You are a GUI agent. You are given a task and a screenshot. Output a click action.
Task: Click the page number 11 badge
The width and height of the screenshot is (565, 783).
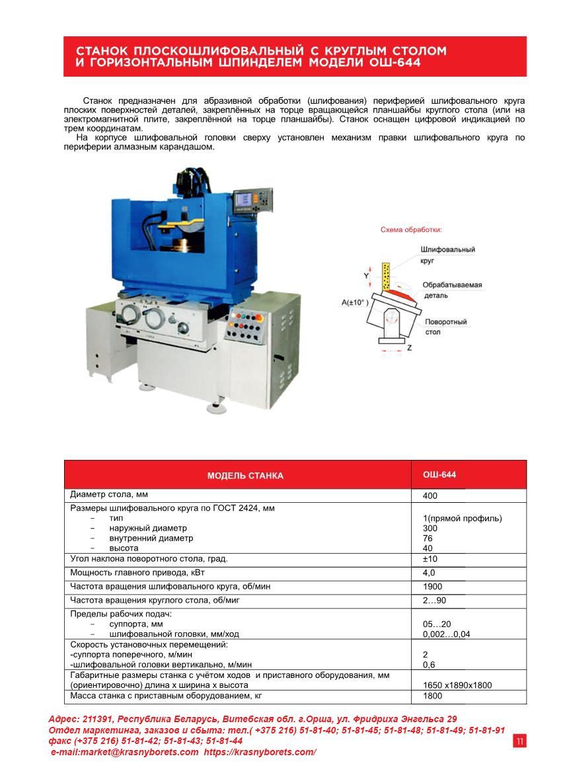pos(519,741)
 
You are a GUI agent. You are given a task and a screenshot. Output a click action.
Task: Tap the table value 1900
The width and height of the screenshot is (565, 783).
pos(433,587)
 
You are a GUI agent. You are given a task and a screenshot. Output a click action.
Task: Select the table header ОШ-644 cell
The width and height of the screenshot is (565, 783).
pos(439,475)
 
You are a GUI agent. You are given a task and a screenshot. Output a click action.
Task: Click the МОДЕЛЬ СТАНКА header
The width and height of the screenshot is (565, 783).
pos(245,476)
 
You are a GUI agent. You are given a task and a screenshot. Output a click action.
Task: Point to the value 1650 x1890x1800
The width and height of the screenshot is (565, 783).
pos(457,685)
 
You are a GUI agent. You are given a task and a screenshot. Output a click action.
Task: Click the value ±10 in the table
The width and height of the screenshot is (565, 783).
pos(432,559)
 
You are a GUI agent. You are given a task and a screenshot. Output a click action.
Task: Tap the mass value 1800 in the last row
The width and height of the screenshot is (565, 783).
pos(433,696)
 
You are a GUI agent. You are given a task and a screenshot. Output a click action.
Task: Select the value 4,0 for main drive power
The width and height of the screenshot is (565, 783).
pos(429,573)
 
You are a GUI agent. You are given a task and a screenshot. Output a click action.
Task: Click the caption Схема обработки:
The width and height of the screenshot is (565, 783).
pos(411,230)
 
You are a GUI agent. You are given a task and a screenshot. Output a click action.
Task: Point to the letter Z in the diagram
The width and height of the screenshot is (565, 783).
pos(410,348)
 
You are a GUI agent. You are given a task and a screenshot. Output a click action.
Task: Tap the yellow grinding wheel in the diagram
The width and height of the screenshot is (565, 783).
pos(387,278)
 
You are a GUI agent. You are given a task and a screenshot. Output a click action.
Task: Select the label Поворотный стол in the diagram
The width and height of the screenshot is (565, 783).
pos(445,326)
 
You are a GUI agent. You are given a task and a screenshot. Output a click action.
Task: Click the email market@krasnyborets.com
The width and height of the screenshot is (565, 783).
pos(126,752)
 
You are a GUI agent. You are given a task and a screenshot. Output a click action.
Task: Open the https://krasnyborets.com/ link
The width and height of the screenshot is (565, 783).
pos(260,752)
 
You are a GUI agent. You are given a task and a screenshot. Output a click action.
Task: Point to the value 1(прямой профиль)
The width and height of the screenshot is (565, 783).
pos(462,518)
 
